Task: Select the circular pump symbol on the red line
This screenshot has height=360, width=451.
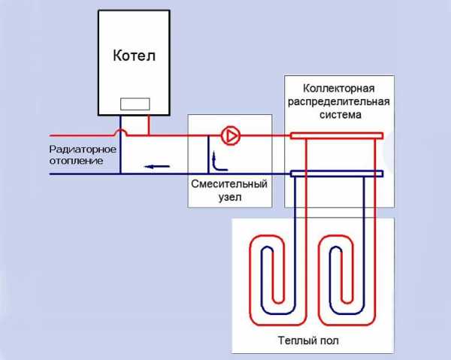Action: (x=232, y=136)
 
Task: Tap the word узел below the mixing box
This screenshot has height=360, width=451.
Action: (x=229, y=200)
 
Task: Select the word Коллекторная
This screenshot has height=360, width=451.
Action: (x=337, y=89)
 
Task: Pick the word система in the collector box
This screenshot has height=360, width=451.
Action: (x=337, y=116)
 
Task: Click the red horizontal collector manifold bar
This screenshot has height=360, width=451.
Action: (x=337, y=136)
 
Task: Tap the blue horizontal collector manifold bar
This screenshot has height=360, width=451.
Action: (x=337, y=174)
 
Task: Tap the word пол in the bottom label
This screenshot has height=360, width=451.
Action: (x=328, y=340)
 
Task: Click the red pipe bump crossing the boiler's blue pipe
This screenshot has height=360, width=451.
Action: (x=122, y=132)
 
